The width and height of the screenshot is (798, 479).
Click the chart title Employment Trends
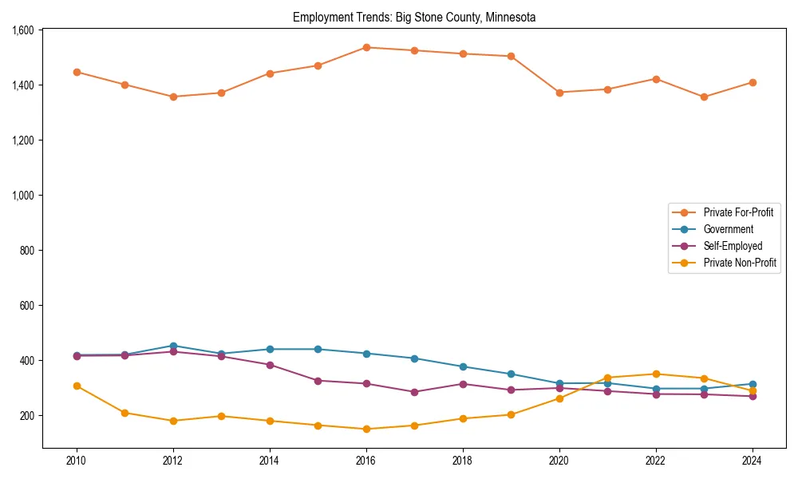[x=414, y=17]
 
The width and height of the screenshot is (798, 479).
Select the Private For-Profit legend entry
[x=738, y=212]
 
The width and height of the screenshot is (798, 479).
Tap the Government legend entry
[x=728, y=229]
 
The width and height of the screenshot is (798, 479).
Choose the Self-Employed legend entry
[x=733, y=246]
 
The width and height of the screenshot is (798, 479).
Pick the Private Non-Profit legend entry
[x=740, y=263]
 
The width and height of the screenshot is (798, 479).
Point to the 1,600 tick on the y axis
[x=23, y=30]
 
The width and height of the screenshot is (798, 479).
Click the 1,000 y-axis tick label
[x=23, y=196]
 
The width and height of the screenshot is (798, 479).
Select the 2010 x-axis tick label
[x=77, y=461]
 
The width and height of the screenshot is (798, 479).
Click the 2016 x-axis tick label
[x=366, y=461]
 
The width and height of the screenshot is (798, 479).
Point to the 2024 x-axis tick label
[x=753, y=461]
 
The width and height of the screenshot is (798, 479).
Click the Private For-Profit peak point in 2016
[x=366, y=47]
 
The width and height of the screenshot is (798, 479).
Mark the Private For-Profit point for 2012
[x=173, y=97]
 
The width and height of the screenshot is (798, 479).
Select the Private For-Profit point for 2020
[x=559, y=93]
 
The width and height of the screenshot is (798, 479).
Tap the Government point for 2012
[x=173, y=346]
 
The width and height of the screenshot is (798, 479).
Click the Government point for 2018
[x=463, y=366]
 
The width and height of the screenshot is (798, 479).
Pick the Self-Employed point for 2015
[x=318, y=381]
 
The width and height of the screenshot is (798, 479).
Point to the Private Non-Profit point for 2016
[x=366, y=429]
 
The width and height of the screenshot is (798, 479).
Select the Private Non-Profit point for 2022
[x=656, y=374]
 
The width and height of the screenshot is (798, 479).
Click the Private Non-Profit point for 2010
[x=77, y=386]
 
